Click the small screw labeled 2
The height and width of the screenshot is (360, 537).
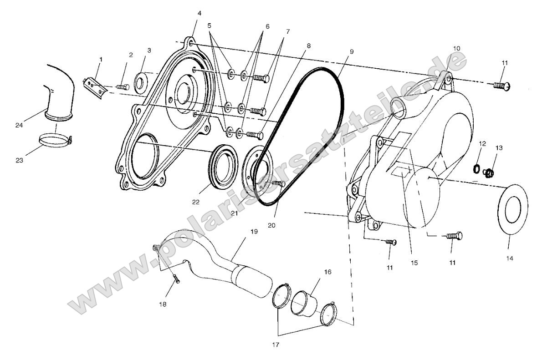point(122,86)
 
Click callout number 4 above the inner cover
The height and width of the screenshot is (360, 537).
point(199,13)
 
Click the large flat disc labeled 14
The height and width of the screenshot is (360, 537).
point(513,209)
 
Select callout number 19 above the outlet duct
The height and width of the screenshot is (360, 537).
point(254,232)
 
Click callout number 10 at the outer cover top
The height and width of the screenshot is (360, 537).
point(456,48)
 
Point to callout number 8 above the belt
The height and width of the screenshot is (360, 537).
point(309,46)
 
